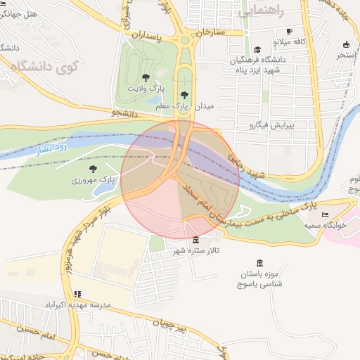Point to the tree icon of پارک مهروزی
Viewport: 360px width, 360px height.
92,169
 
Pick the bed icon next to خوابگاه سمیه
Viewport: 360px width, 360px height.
324,214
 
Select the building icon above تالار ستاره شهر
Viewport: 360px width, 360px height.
195,240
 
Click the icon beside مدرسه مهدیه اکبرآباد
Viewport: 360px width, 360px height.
77,294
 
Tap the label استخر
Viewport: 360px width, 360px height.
346,53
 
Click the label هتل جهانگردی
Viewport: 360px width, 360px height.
20,13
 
